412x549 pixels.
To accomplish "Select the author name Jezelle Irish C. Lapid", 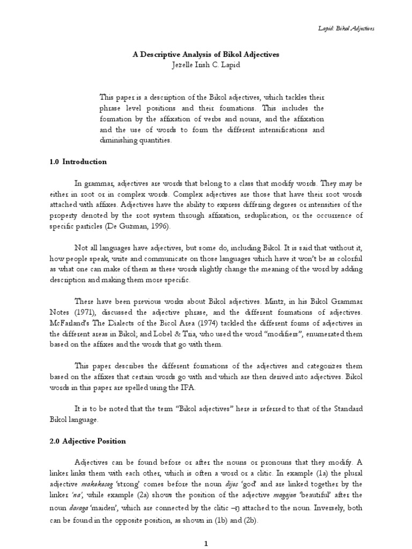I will [x=207, y=64].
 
